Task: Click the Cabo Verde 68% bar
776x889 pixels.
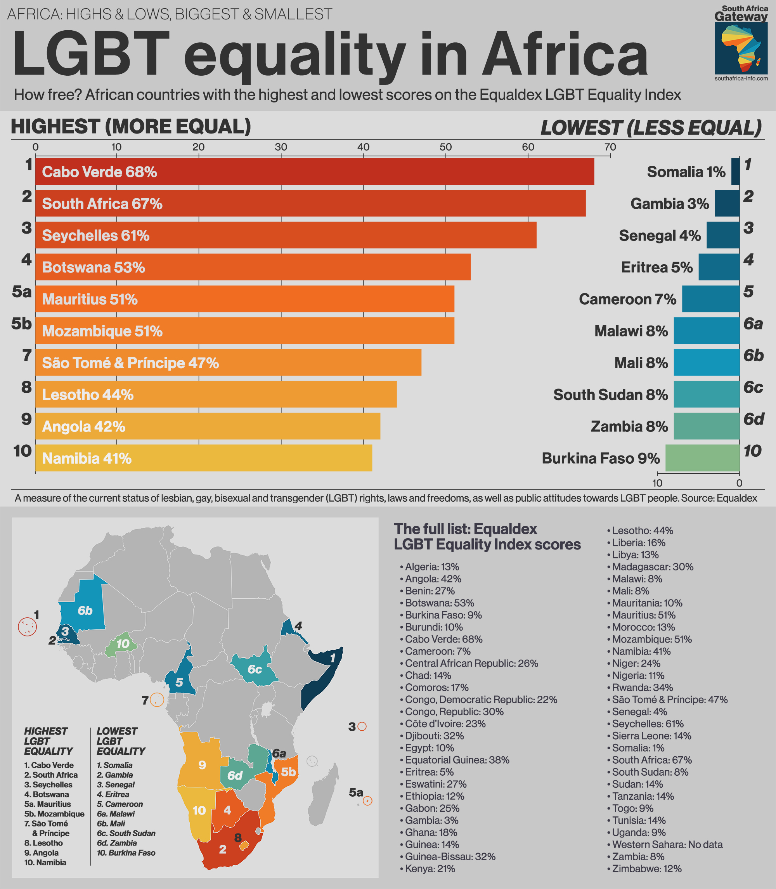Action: click(x=314, y=172)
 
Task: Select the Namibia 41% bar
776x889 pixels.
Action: click(x=204, y=458)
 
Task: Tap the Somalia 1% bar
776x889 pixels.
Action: click(x=735, y=172)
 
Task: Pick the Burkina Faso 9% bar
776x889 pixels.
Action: click(x=702, y=458)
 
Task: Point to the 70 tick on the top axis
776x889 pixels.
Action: click(x=610, y=147)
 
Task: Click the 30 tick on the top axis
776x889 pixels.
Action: click(x=281, y=147)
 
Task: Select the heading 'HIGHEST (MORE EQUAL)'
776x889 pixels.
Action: click(x=131, y=127)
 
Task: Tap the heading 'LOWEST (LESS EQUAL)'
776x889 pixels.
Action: click(x=650, y=128)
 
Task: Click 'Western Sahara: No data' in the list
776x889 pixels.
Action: click(x=667, y=844)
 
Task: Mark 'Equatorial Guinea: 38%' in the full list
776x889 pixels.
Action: click(x=457, y=759)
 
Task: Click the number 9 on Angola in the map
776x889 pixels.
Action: click(x=202, y=765)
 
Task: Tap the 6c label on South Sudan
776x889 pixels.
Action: click(x=255, y=669)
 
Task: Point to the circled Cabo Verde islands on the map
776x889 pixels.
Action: click(x=27, y=627)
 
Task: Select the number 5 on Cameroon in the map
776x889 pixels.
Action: click(x=179, y=683)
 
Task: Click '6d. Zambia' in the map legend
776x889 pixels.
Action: click(x=117, y=843)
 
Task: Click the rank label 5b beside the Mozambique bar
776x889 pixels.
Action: click(x=22, y=324)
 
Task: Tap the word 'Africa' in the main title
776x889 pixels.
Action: click(x=565, y=55)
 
